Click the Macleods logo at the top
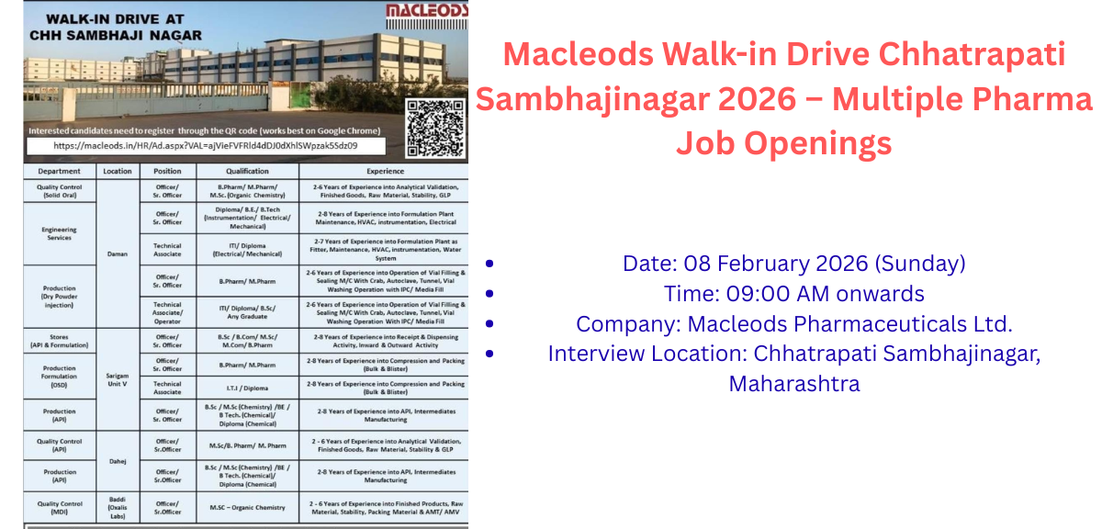(425, 10)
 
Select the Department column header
(59, 171)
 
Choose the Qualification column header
(247, 171)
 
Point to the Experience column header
(385, 171)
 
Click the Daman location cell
(118, 253)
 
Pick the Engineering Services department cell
(59, 233)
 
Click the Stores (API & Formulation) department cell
(59, 342)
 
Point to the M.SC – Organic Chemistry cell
(247, 507)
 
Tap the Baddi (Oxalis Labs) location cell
(118, 507)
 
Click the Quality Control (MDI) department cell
(59, 507)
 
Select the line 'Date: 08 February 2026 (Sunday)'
(793, 264)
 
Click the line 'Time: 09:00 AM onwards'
(793, 294)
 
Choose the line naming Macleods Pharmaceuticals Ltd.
(793, 324)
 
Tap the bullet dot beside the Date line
(489, 264)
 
